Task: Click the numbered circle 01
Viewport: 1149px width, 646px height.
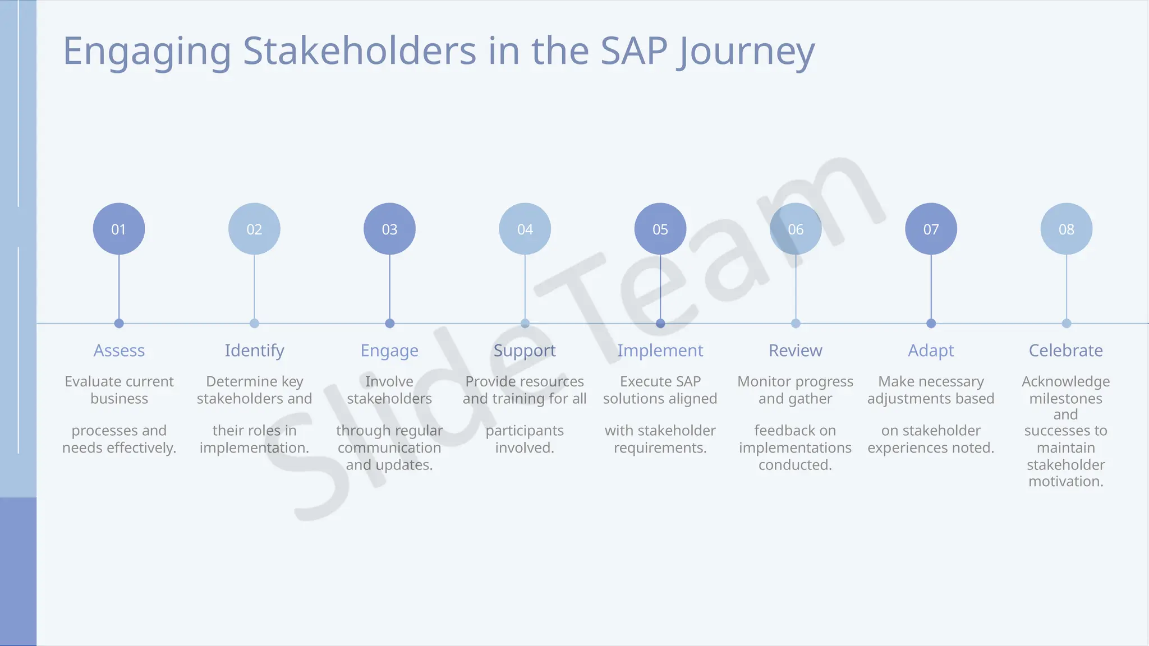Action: pyautogui.click(x=119, y=229)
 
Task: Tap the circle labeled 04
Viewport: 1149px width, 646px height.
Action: pyautogui.click(x=525, y=229)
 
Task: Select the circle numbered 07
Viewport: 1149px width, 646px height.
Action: pyautogui.click(x=931, y=229)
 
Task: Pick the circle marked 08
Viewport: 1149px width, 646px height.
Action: pyautogui.click(x=1066, y=229)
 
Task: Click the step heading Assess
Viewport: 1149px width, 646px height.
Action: pyautogui.click(x=119, y=350)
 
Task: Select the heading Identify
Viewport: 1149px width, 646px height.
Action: pyautogui.click(x=254, y=350)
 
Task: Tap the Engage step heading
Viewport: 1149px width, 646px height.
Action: pyautogui.click(x=389, y=351)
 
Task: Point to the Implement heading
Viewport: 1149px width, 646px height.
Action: pyautogui.click(x=660, y=350)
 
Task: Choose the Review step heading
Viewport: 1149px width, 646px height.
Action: pyautogui.click(x=795, y=350)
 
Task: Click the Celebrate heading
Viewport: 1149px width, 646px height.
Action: pyautogui.click(x=1065, y=350)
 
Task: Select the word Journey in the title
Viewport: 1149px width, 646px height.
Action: pyautogui.click(x=746, y=52)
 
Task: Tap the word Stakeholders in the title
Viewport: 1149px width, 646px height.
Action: pyautogui.click(x=360, y=51)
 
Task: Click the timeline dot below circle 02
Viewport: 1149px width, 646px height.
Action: pyautogui.click(x=254, y=324)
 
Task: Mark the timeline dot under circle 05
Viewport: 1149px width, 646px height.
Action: pyautogui.click(x=660, y=324)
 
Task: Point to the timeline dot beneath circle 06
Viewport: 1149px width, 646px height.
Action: pyautogui.click(x=796, y=324)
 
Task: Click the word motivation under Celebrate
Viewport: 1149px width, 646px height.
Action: pyautogui.click(x=1065, y=482)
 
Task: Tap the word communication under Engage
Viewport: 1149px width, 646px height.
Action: pyautogui.click(x=389, y=448)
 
